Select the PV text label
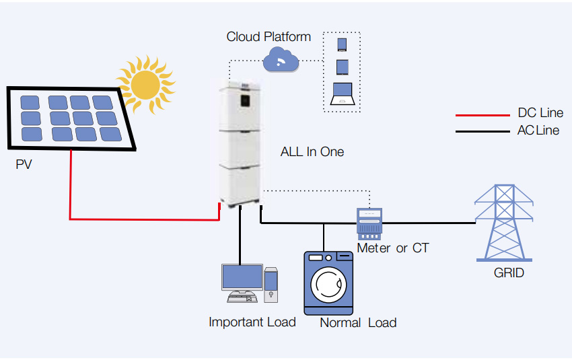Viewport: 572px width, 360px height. coord(24,164)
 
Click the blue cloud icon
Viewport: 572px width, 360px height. coord(281,61)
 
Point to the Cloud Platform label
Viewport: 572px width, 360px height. coord(269,36)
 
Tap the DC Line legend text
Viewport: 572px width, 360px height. coord(540,113)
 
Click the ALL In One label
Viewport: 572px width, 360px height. coord(312,152)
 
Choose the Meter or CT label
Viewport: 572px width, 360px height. coord(392,248)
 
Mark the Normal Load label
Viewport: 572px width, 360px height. coord(357,323)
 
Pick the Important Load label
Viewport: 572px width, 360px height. coord(252,322)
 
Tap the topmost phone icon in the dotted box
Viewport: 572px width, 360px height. coord(342,45)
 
